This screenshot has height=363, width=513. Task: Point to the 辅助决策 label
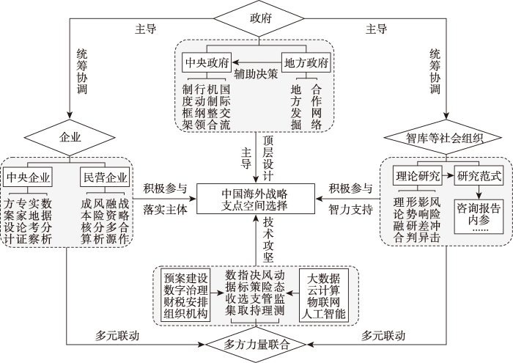point(256,74)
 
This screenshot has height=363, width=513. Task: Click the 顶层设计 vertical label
point(268,158)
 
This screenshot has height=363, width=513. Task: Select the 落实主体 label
point(165,210)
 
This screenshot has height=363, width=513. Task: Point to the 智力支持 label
point(350,210)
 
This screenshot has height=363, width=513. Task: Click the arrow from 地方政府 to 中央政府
point(256,62)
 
